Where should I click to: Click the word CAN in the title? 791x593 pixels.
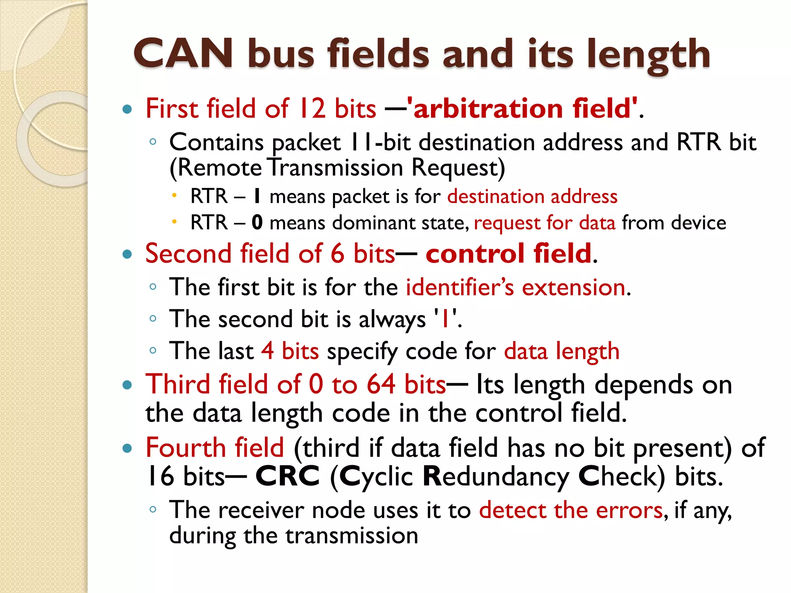(x=183, y=54)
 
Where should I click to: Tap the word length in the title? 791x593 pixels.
(x=648, y=55)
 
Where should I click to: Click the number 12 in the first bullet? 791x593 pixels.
(x=313, y=108)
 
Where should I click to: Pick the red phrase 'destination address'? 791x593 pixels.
(x=532, y=197)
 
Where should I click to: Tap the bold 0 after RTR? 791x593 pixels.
(x=257, y=223)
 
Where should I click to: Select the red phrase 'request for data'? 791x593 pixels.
(x=545, y=223)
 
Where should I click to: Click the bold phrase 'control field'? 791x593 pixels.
(x=508, y=254)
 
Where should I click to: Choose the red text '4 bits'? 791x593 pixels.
(x=290, y=351)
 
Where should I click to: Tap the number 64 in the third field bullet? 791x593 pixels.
(x=381, y=385)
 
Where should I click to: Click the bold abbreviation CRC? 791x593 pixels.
(x=287, y=476)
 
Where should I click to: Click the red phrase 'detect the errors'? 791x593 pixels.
(x=571, y=510)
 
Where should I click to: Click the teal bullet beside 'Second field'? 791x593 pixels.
(x=127, y=254)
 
